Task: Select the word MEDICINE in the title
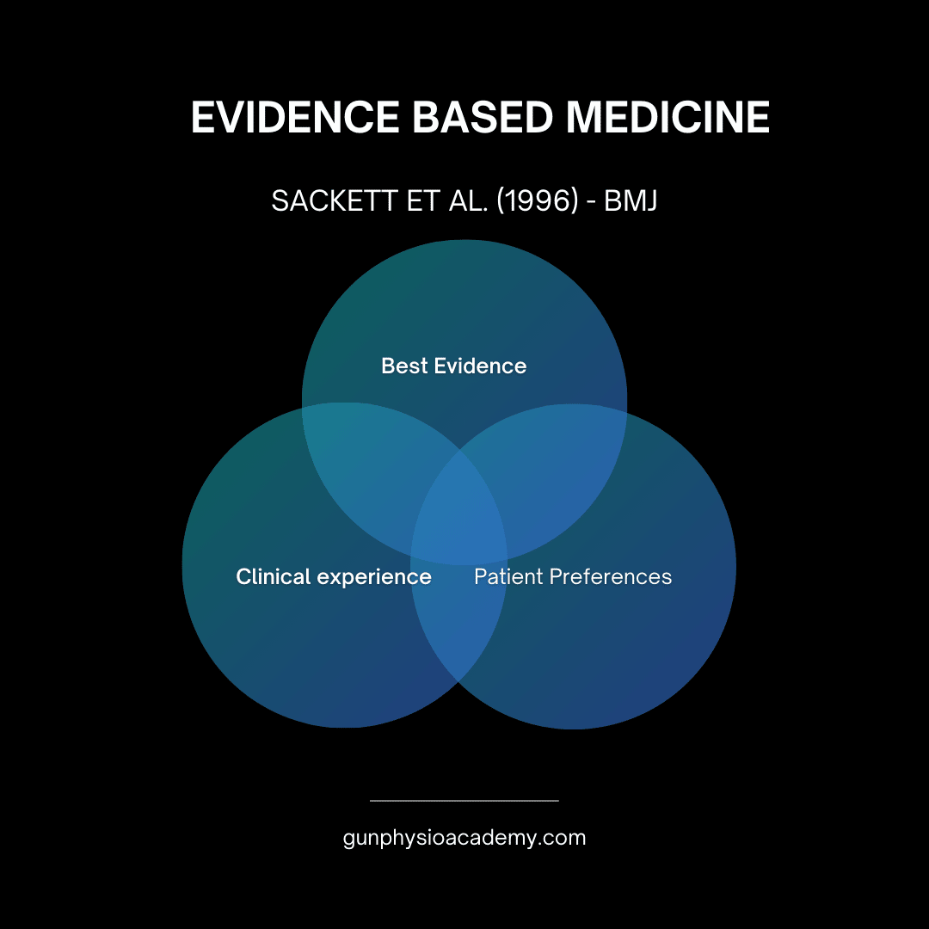668,118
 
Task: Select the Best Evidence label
453,366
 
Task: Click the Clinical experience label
334,576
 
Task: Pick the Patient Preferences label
573,576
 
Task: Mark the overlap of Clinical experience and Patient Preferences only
458,628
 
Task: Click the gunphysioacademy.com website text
464,837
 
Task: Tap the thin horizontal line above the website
464,801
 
